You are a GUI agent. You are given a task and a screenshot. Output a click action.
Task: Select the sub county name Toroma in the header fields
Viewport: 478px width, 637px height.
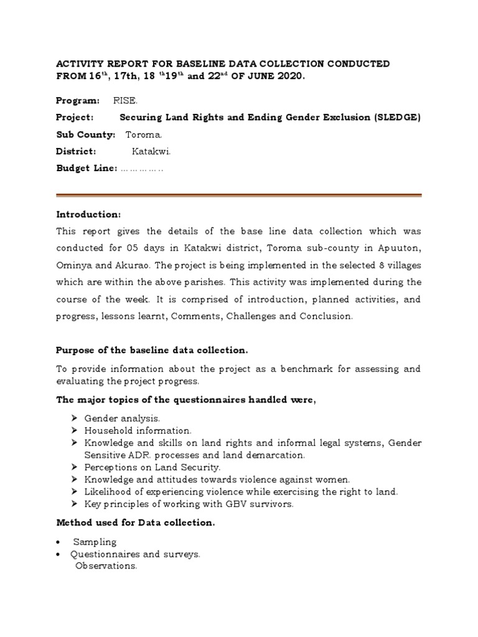pyautogui.click(x=144, y=134)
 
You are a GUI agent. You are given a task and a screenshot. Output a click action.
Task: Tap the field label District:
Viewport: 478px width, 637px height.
pyautogui.click(x=76, y=151)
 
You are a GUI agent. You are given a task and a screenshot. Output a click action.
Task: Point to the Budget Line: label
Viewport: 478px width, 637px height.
pyautogui.click(x=87, y=168)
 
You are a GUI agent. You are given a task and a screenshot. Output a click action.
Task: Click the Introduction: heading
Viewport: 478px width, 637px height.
pyautogui.click(x=88, y=214)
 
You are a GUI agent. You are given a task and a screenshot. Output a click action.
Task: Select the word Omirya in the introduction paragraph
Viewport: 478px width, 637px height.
pyautogui.click(x=74, y=265)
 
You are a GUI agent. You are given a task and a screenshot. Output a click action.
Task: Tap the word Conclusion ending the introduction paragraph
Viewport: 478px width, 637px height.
pyautogui.click(x=330, y=316)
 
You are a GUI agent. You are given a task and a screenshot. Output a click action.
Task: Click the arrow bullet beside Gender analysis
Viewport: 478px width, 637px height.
pyautogui.click(x=74, y=419)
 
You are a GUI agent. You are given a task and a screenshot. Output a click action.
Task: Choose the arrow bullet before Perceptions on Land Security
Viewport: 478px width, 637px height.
pyautogui.click(x=74, y=467)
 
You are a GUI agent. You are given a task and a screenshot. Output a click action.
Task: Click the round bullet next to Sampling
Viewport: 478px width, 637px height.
pyautogui.click(x=58, y=542)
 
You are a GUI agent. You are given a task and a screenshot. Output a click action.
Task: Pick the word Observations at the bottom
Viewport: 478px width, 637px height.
pyautogui.click(x=106, y=566)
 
